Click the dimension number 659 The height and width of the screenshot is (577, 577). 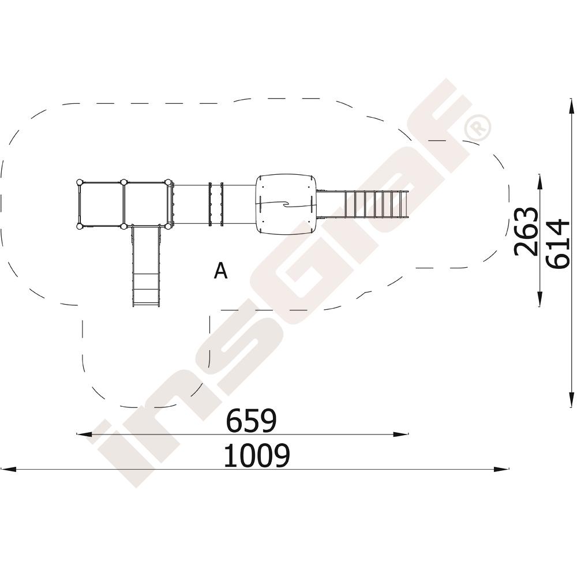coord(251,421)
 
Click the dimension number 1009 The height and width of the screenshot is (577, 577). coord(257,456)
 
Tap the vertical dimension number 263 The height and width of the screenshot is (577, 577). coord(526,231)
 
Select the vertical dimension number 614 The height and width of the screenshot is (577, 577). coord(558,243)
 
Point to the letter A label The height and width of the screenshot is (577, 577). coord(221,271)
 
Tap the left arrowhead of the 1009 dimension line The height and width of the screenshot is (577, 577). coord(9,469)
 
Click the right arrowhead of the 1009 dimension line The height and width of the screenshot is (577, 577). coord(501,469)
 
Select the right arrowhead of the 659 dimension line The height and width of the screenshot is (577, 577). coord(400,434)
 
